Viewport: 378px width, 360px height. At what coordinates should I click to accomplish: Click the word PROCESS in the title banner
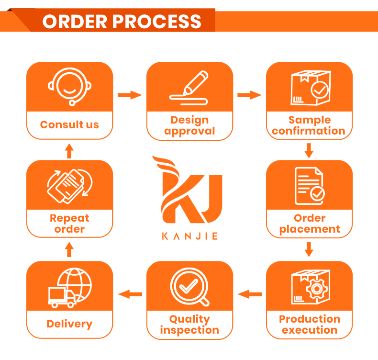tap(156, 22)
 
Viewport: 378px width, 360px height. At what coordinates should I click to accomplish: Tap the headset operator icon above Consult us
tap(69, 87)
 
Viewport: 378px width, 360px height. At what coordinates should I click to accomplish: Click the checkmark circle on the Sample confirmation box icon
tap(320, 90)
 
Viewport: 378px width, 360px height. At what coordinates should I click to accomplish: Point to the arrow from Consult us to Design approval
tap(130, 95)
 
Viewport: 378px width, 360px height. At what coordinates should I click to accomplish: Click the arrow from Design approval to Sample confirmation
tap(249, 95)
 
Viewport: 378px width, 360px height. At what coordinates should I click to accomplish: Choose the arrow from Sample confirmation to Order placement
tap(309, 151)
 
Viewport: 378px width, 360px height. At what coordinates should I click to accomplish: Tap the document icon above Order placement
tap(310, 186)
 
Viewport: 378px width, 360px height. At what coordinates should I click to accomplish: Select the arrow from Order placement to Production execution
tap(309, 249)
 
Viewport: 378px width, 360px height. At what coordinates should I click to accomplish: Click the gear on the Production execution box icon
tap(317, 289)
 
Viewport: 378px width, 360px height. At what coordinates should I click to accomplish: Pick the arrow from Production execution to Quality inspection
tap(249, 294)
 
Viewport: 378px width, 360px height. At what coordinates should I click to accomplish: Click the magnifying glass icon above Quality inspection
tap(190, 287)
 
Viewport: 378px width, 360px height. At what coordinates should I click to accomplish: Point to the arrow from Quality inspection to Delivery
tap(130, 294)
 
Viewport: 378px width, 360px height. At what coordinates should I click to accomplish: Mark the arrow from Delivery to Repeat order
tap(69, 249)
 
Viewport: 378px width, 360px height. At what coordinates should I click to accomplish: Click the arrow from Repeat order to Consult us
tap(69, 151)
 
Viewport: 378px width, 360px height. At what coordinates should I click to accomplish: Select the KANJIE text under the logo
tap(190, 236)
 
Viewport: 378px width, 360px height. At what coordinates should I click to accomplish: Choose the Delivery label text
tap(69, 324)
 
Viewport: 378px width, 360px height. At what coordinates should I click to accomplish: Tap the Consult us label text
tap(69, 124)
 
